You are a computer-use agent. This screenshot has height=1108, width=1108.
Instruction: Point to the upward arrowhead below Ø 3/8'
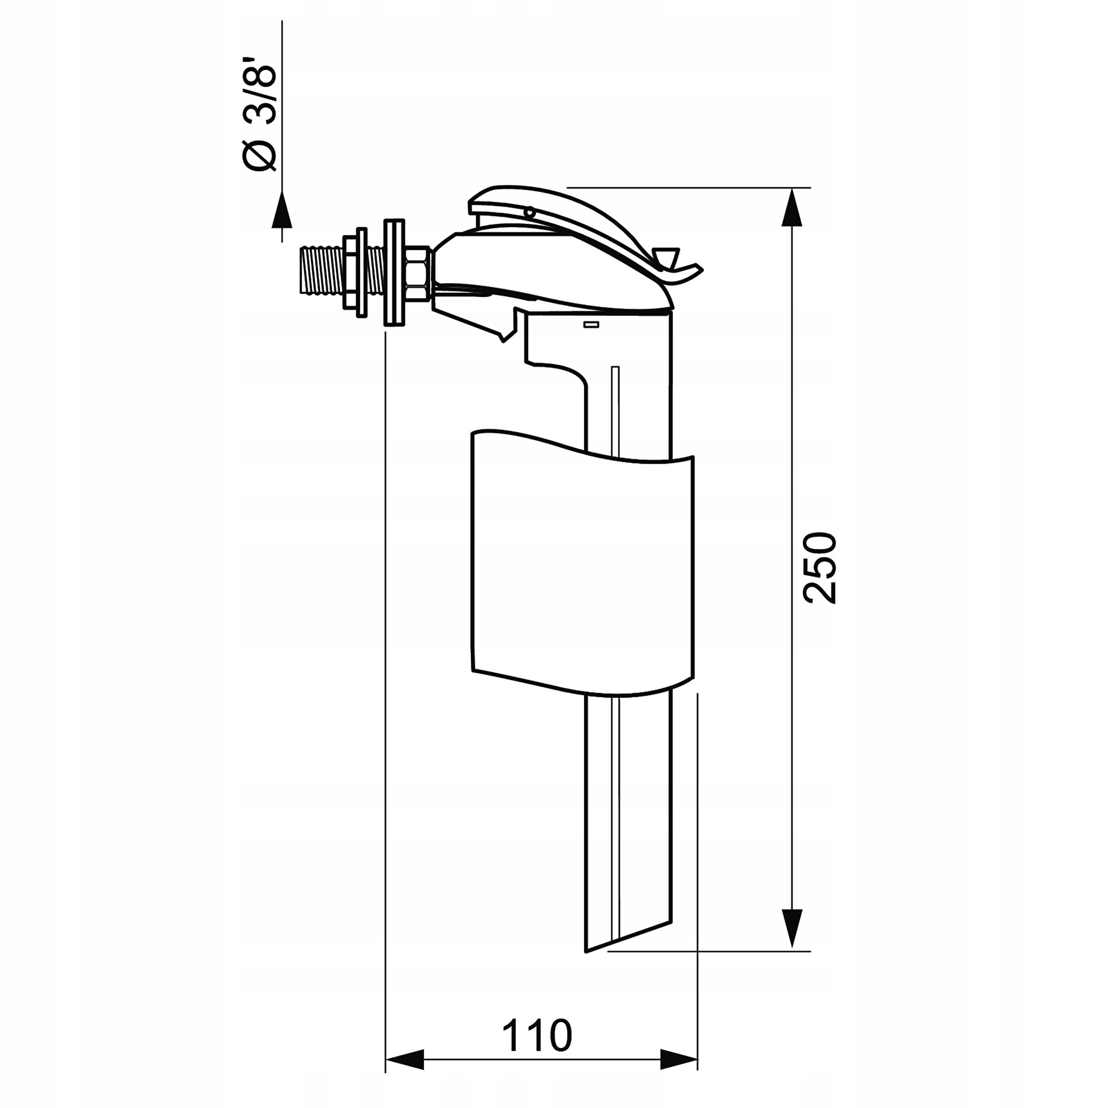pos(282,210)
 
